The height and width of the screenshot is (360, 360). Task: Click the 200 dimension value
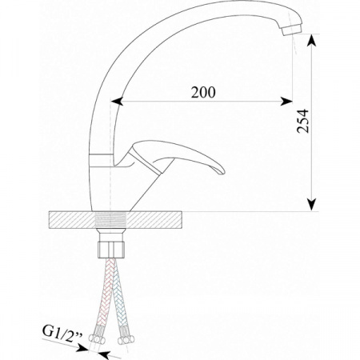pos(203,92)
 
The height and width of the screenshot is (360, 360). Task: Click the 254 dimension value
pos(303,121)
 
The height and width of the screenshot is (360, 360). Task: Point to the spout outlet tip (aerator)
pos(291,29)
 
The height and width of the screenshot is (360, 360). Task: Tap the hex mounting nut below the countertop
pos(111,250)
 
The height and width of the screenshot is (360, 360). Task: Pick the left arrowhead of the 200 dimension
pos(117,102)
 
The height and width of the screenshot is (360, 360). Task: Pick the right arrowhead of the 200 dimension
pos(286,102)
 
